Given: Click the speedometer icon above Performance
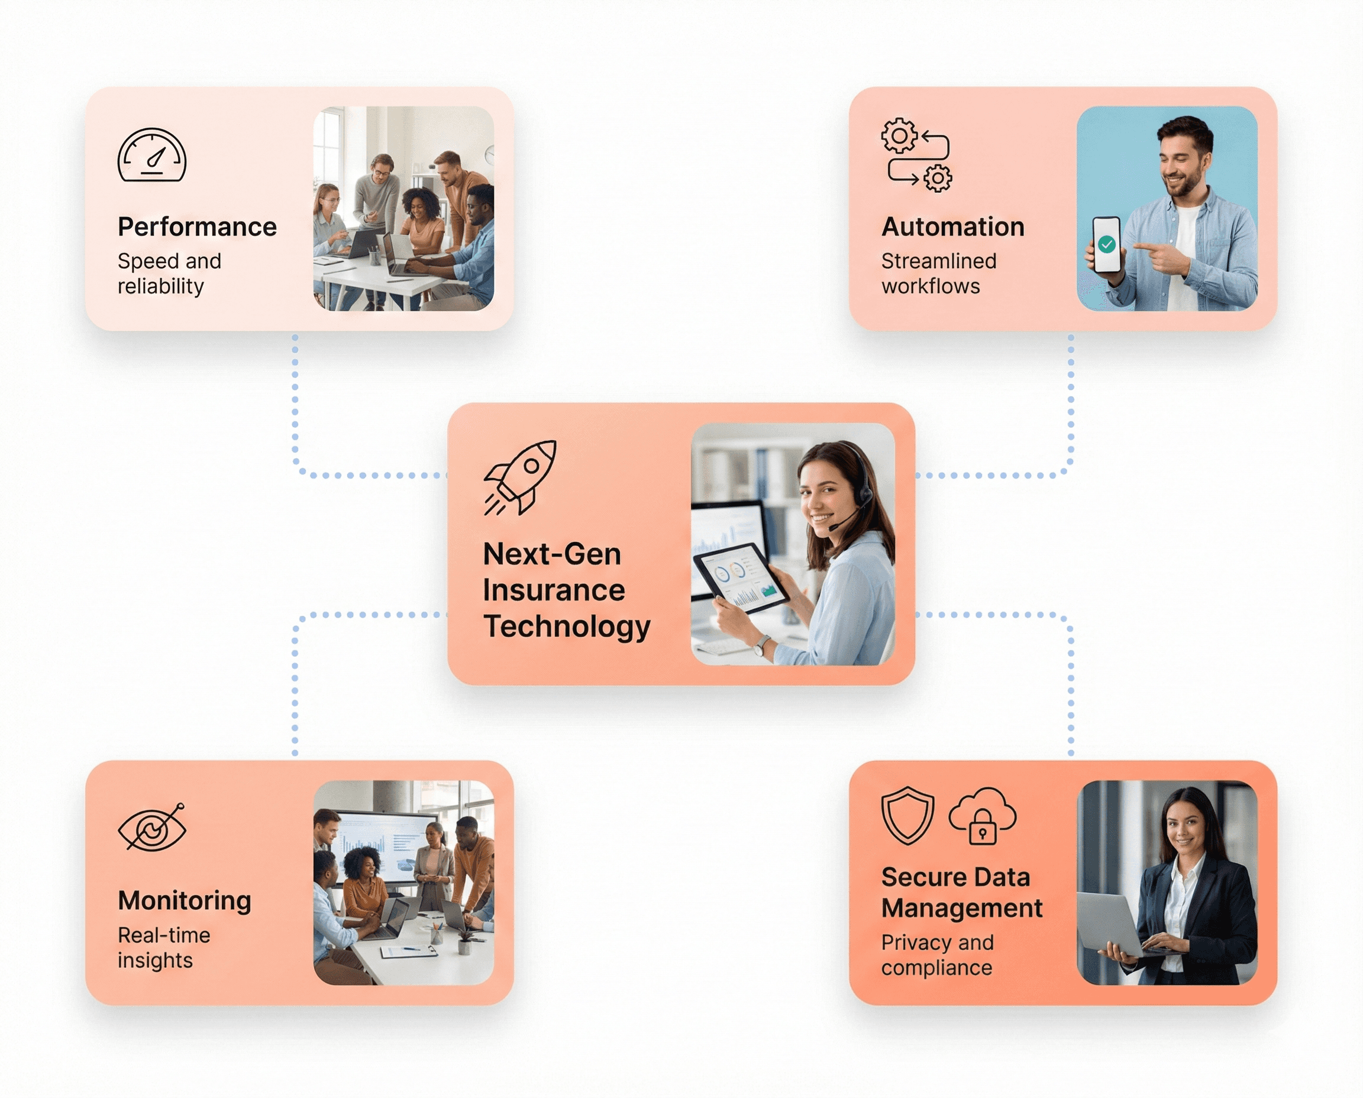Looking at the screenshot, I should (x=152, y=156).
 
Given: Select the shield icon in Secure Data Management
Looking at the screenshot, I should (x=907, y=815).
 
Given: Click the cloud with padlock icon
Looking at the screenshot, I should (x=982, y=816).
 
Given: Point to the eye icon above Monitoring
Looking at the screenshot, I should (x=152, y=827).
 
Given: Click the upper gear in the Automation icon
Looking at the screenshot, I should (x=899, y=135).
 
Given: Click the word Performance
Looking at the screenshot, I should (x=197, y=227).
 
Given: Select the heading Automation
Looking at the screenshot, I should (x=952, y=227).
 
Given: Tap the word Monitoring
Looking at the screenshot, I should (x=184, y=900).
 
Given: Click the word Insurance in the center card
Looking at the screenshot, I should (x=553, y=590).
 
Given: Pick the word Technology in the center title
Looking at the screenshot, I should (x=567, y=626).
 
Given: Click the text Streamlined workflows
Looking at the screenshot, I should (x=939, y=273).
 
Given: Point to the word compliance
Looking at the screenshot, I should (x=936, y=968).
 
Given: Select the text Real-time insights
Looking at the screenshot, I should (x=164, y=948).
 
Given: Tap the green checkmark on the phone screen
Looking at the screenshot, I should (x=1106, y=244).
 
